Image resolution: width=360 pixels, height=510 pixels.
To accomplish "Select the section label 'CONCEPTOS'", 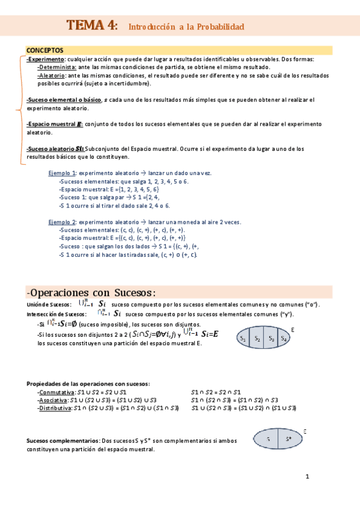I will pos(45,49).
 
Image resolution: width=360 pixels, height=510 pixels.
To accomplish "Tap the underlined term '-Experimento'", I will pos(46,60).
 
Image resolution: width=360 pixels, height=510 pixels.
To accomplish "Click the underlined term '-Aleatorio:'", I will pos(52,76).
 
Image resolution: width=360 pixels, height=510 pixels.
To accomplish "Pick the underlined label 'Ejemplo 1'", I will pos(63,173).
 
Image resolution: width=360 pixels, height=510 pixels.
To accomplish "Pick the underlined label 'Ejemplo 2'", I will pos(63,222).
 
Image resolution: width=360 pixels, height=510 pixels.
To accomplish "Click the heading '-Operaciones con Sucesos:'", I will pos(91,293).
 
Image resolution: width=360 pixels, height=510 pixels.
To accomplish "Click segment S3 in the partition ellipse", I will pos(270,339).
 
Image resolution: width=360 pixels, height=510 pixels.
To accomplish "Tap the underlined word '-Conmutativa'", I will pos(53,392).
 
